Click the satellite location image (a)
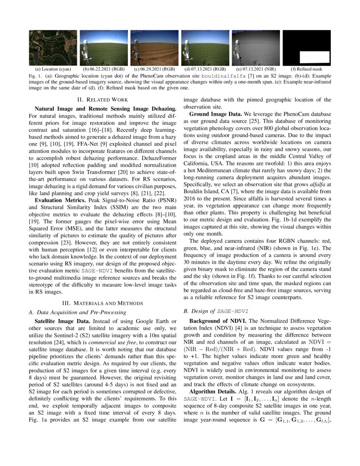point(53,47)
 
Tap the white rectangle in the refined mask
point(314,56)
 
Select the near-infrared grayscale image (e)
point(256,47)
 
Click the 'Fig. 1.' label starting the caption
point(36,75)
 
